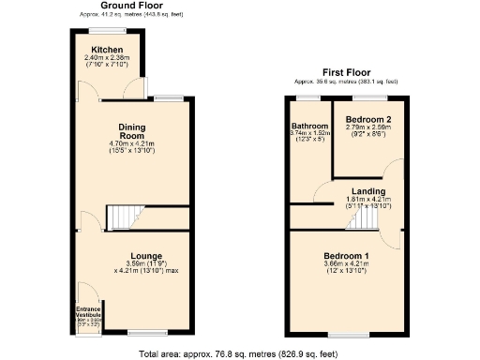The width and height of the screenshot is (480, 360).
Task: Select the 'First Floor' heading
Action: (x=346, y=72)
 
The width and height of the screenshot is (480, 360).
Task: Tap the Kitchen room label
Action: (x=106, y=49)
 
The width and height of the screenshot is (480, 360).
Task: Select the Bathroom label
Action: (x=309, y=126)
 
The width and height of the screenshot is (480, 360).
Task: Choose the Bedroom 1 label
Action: (x=346, y=256)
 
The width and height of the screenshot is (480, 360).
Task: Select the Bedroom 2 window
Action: (x=368, y=97)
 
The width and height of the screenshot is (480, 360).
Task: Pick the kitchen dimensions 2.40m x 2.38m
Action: (x=106, y=57)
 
